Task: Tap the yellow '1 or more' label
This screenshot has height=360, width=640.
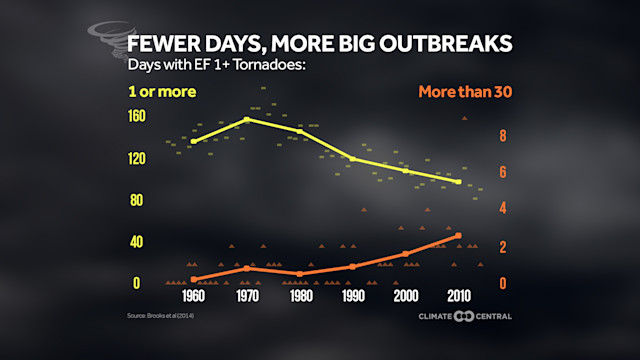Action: coord(161,93)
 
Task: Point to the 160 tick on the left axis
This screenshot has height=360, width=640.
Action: coord(136,116)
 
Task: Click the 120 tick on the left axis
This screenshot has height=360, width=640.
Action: coord(136,158)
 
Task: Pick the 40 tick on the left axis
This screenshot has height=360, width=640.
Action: coord(138,242)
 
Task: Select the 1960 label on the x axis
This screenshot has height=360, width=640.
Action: coord(193,298)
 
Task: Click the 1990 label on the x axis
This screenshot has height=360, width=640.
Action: coord(353,298)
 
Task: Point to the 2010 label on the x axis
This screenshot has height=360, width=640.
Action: coord(459,298)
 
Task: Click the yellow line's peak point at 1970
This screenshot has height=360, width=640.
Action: coord(246,119)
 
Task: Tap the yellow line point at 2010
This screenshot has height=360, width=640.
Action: coord(459,181)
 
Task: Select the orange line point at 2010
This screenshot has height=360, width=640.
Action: coord(459,236)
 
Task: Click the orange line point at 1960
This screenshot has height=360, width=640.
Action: coord(193,279)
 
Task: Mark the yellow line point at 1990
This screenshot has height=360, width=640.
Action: coord(353,158)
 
